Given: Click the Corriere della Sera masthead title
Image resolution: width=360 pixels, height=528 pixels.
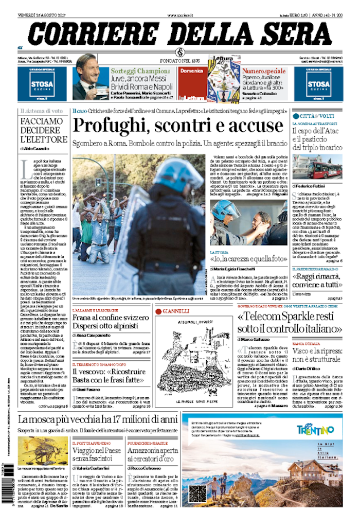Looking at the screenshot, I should (179, 34).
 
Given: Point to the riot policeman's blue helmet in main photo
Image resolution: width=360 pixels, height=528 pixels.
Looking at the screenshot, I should (179, 175).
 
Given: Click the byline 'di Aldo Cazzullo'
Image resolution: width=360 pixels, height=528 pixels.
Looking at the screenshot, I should (36, 148).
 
